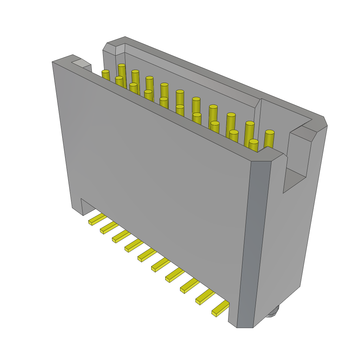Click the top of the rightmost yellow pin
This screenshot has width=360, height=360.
point(270,133)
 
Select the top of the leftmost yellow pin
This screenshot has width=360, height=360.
point(105,72)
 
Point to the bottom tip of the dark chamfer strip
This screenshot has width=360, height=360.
point(245,326)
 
